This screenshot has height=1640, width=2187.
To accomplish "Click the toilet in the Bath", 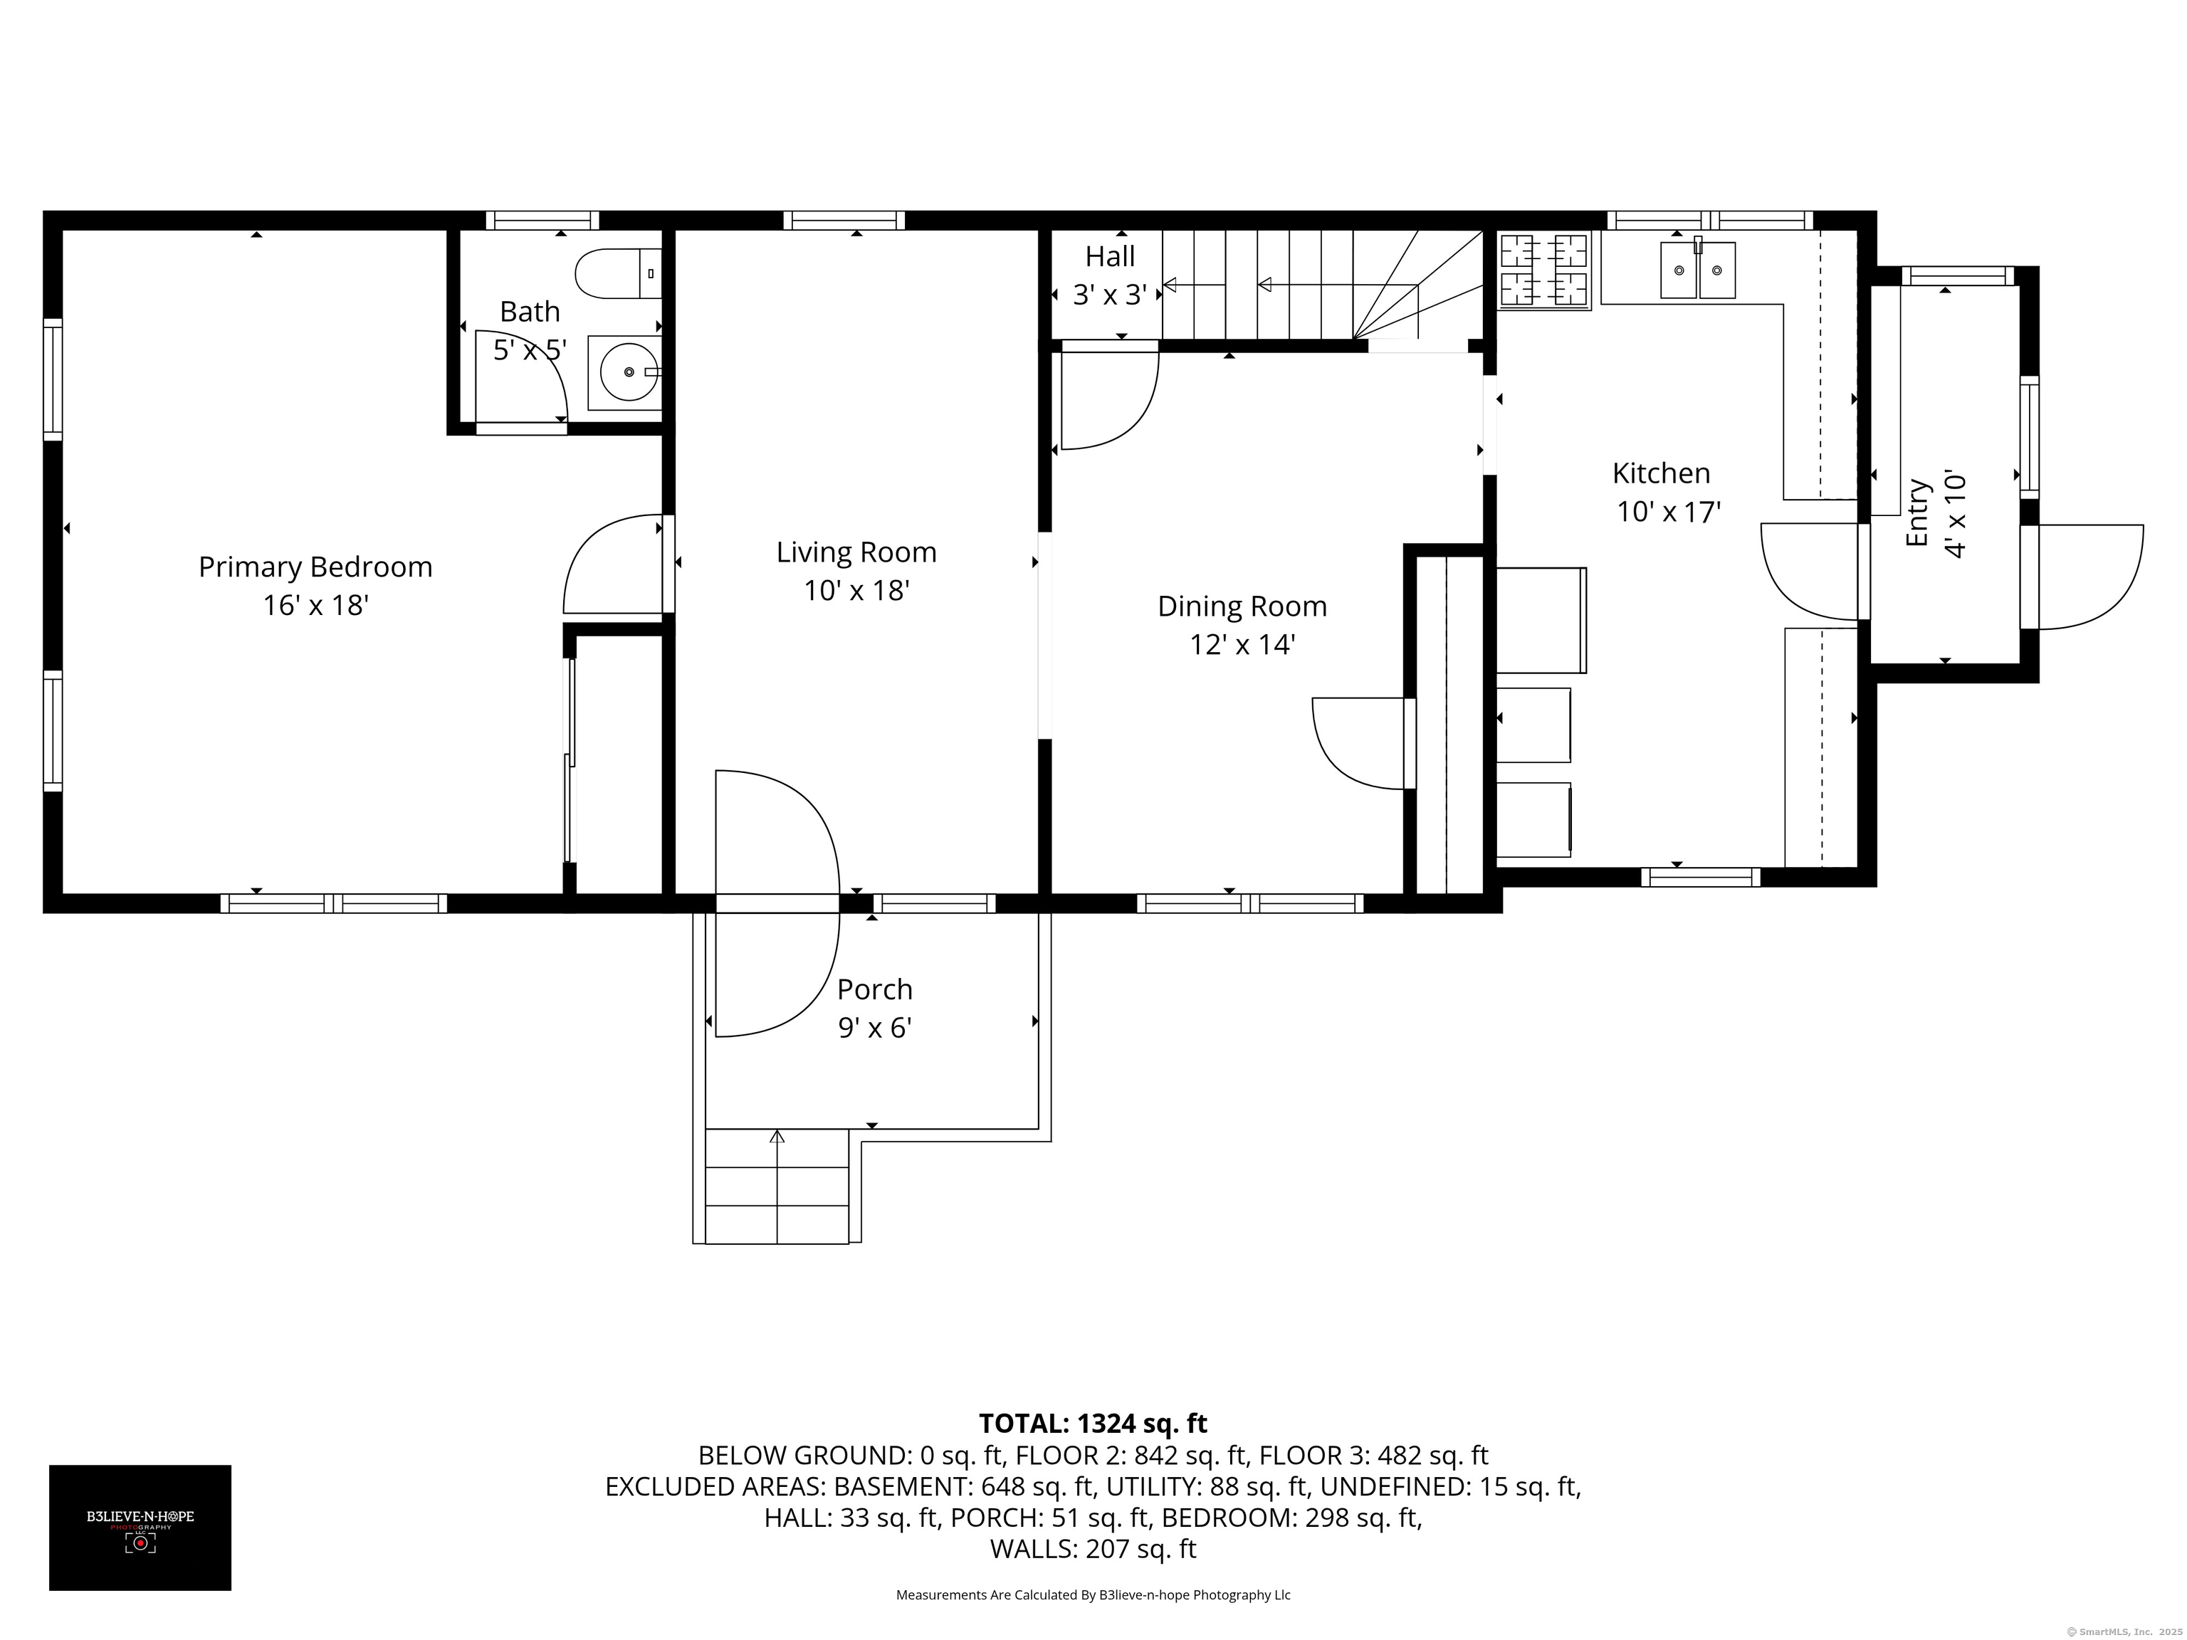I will pos(616,274).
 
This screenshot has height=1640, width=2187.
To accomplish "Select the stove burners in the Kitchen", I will pos(1543,270).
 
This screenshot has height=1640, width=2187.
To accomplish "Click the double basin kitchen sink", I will pos(1696,269).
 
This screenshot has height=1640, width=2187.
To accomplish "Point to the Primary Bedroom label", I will pos(315,567).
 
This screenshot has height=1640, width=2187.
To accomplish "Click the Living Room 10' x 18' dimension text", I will pos(856,591).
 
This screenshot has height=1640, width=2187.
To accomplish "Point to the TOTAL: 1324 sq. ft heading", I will pos(1093,1424).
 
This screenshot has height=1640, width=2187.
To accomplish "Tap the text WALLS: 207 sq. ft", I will pos(1093,1549).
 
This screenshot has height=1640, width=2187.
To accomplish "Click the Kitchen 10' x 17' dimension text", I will pos(1669,512).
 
